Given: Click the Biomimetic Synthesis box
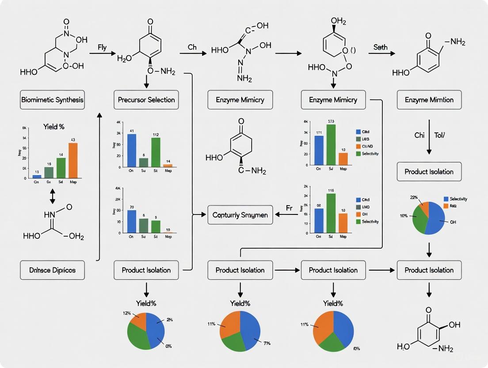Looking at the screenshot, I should [x=52, y=100].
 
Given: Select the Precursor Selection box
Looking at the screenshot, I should [x=146, y=100].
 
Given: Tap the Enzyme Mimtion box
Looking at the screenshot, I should [x=429, y=100].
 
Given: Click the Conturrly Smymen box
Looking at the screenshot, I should [x=240, y=215].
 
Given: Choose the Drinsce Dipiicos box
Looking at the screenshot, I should [x=52, y=270].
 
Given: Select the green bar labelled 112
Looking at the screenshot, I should [x=156, y=152].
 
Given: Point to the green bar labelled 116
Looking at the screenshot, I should [x=331, y=213].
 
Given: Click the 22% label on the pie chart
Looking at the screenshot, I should [x=414, y=197].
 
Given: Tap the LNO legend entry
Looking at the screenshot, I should [x=365, y=207].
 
